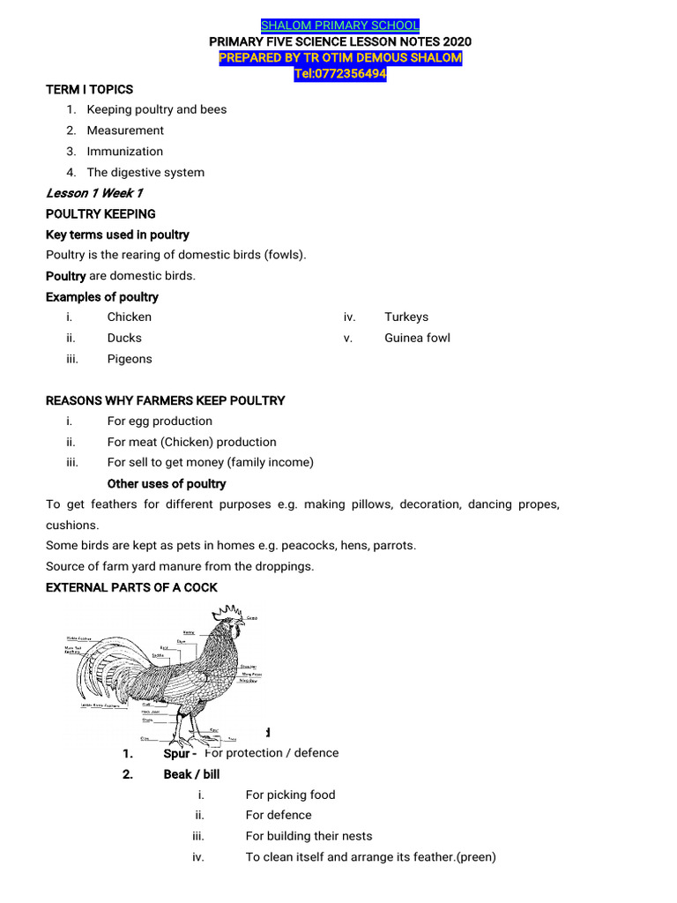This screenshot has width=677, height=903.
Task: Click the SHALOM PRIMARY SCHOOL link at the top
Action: (x=339, y=25)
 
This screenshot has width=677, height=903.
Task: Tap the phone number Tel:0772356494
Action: (x=339, y=74)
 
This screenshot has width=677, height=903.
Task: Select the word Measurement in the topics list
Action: (x=125, y=131)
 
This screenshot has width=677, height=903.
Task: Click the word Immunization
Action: (x=124, y=152)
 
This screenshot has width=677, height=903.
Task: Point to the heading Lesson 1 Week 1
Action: (x=93, y=193)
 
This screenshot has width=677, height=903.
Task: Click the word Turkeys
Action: (x=406, y=317)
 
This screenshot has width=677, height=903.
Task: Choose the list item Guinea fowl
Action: (x=417, y=338)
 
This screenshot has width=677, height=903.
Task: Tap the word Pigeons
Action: (x=130, y=359)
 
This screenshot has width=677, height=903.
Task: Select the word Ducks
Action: (x=124, y=338)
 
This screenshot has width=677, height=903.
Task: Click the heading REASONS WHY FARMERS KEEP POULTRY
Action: (x=166, y=400)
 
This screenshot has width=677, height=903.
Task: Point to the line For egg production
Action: (x=160, y=422)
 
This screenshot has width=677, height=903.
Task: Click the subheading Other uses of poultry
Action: (x=167, y=484)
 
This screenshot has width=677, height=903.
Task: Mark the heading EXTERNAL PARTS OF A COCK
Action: (x=131, y=587)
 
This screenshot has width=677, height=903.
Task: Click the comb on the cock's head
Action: (x=231, y=611)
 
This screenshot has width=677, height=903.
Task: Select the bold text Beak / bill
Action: (x=191, y=774)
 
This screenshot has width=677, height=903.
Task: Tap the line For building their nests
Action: (x=309, y=836)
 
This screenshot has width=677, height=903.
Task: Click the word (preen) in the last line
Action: (x=477, y=857)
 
